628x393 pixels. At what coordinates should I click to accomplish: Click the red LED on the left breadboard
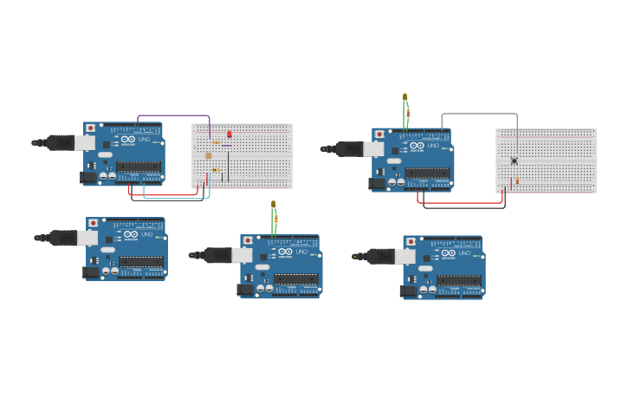[x=229, y=134]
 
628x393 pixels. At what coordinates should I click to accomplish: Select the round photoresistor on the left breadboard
[x=208, y=156]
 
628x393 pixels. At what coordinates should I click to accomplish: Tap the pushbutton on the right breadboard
[x=515, y=161]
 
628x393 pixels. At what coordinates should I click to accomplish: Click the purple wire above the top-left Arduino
[x=173, y=115]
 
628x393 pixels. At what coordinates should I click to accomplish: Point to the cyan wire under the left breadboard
[x=173, y=198]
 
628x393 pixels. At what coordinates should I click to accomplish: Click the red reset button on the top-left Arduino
[x=90, y=128]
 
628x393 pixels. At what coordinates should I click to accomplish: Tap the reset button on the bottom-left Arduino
[x=93, y=223]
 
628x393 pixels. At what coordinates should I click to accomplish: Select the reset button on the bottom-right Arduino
[x=410, y=242]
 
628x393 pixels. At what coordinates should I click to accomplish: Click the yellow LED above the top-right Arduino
[x=405, y=96]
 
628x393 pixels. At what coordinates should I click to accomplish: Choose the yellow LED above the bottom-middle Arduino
[x=273, y=205]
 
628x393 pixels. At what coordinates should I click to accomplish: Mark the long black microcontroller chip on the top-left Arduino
[x=138, y=167]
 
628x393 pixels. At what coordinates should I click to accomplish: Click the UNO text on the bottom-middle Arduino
[x=301, y=252]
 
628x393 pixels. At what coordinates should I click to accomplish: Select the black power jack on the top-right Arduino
[x=377, y=183]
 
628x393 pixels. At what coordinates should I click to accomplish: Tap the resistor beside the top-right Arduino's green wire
[x=408, y=113]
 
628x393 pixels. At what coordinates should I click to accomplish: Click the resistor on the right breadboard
[x=517, y=180]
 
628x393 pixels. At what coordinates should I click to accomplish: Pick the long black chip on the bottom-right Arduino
[x=458, y=280]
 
